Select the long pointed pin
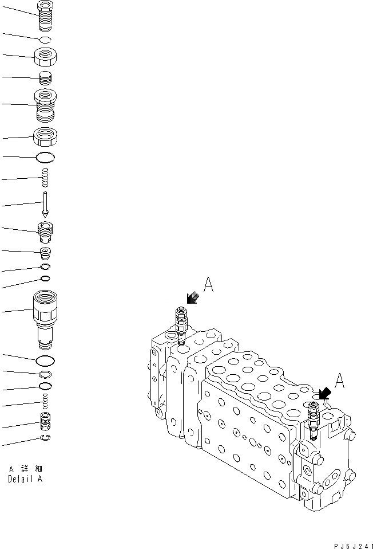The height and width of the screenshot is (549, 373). (45, 204)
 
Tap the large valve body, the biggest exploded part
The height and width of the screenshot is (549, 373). (45, 318)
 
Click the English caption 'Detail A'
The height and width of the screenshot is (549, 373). (25, 479)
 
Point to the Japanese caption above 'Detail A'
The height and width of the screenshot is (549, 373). (26, 469)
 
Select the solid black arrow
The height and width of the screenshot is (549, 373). (324, 394)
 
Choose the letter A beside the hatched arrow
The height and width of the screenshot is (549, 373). (209, 285)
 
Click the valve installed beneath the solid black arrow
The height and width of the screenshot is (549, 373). (312, 419)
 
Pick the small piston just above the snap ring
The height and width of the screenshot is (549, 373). (45, 422)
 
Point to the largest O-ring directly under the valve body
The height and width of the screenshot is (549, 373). (45, 360)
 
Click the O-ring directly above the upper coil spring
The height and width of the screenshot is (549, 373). (45, 156)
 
